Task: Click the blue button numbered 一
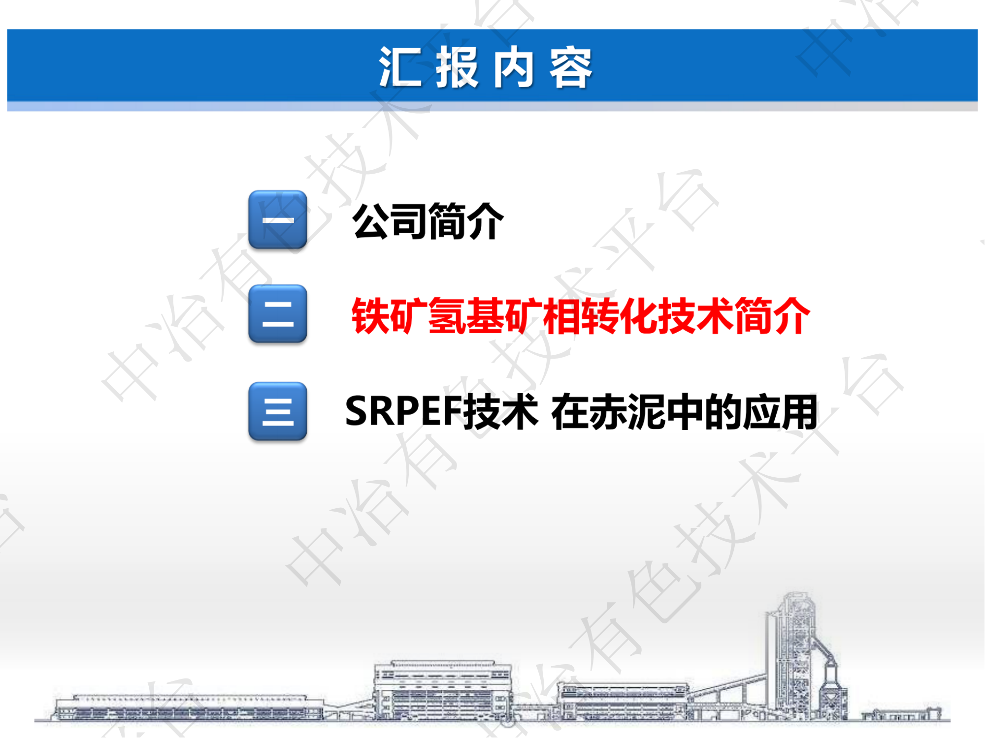pos(278,219)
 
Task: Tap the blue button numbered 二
pos(278,314)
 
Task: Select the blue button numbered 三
pos(278,411)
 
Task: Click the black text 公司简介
pos(427,221)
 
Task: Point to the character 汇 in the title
pos(400,68)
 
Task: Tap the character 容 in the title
pos(571,68)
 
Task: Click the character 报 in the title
pos(457,68)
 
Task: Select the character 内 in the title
pos(514,68)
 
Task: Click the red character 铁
pos(370,316)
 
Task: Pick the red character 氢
pos(447,316)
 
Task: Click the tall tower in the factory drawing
pos(793,654)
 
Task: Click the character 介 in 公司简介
pos(485,221)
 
